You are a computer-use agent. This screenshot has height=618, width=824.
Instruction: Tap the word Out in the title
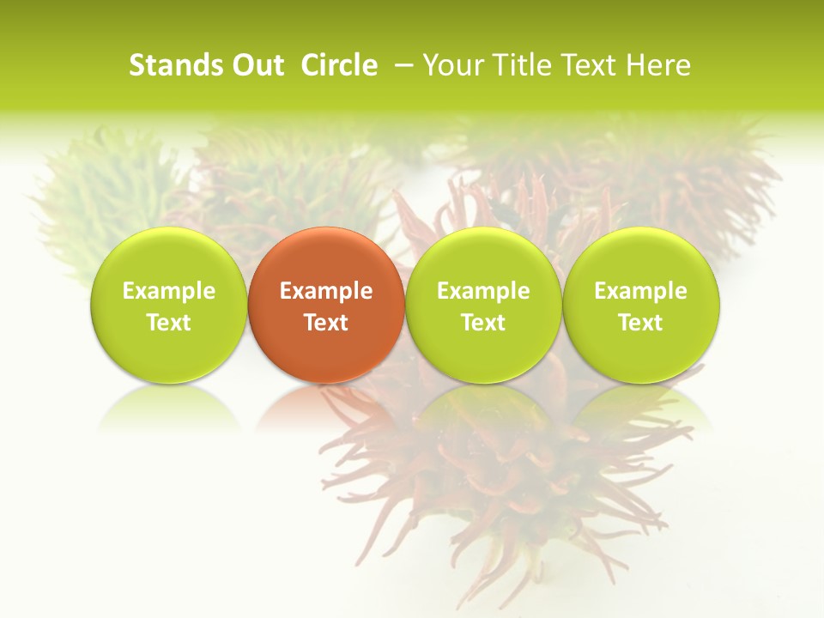point(257,65)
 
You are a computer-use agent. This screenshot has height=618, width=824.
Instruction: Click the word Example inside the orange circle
point(326,291)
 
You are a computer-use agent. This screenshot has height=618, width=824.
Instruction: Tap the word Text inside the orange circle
point(326,323)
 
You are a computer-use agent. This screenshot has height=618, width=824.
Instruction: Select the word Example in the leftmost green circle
point(169,291)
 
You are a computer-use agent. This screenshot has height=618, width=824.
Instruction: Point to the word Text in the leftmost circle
point(169,323)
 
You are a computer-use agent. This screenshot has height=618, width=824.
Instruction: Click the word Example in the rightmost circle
point(640,291)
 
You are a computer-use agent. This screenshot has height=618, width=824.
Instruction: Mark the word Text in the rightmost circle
point(640,323)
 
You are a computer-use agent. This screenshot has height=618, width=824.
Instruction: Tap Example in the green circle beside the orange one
point(483,291)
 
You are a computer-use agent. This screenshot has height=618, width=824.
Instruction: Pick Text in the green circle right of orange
point(483,323)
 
